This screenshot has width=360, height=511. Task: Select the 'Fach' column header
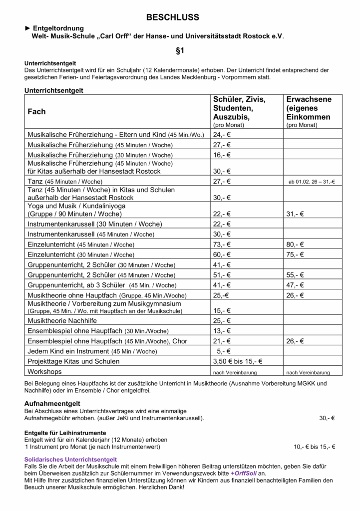(x=36, y=112)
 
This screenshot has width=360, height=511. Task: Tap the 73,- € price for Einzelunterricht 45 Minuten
(x=222, y=245)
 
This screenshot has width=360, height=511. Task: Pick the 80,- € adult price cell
(x=295, y=245)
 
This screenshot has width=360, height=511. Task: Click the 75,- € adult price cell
(x=295, y=255)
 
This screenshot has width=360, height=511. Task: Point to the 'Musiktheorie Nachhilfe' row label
(x=62, y=320)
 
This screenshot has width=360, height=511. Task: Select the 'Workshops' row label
(x=45, y=372)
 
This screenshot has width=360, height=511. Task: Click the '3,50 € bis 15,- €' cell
(x=238, y=361)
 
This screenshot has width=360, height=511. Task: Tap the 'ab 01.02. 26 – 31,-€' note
(x=311, y=182)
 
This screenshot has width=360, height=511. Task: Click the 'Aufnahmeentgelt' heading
(x=52, y=403)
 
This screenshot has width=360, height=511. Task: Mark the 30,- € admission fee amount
(x=327, y=418)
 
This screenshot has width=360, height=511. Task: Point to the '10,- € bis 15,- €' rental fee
(x=314, y=447)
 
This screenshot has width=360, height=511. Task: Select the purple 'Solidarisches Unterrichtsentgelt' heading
(x=70, y=459)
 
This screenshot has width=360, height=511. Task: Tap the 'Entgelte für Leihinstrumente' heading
(x=65, y=433)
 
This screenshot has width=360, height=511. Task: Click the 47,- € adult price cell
(x=295, y=285)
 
